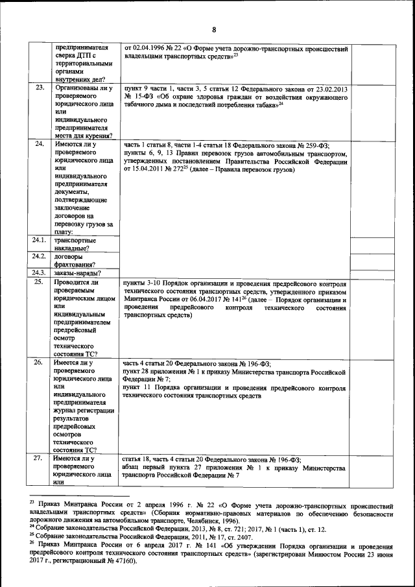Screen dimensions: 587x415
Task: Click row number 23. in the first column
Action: coord(39,88)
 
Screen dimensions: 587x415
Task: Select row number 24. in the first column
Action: coord(39,144)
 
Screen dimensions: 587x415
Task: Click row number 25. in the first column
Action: coord(39,283)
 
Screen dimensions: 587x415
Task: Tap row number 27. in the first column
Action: coord(39,458)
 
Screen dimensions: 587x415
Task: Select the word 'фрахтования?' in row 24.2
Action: coord(75,264)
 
